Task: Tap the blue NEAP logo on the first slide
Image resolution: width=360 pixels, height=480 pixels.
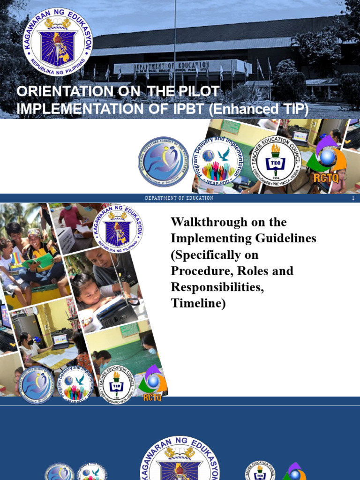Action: point(163,162)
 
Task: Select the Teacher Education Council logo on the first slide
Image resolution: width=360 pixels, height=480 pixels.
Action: point(275,160)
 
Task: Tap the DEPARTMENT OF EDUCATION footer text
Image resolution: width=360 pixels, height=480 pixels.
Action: point(179,198)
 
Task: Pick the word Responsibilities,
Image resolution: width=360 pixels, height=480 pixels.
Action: point(217,287)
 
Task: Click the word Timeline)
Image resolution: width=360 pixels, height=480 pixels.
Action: point(198,303)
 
